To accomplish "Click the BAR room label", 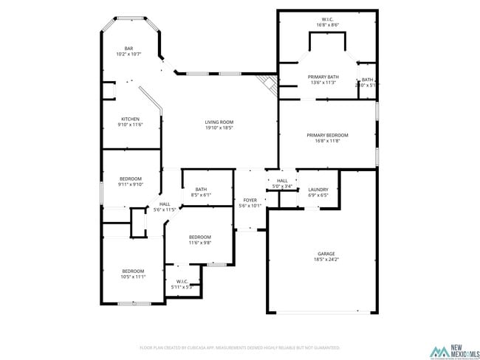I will pos(128,48).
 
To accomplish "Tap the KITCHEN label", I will pos(131,119).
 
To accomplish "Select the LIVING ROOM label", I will pos(219,122).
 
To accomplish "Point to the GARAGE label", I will pos(326,253).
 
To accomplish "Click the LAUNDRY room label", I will pos(318,190).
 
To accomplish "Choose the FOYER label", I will pos(250,200).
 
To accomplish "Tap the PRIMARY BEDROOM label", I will pos(327,135).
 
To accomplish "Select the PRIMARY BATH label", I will pos(323,77).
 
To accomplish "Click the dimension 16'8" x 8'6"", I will pos(327,25).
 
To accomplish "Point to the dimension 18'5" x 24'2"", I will pos(326,259).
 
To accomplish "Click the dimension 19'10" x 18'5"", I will pos(219,128).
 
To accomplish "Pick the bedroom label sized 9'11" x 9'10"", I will pos(131,184).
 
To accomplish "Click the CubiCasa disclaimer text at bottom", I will pos(239,347).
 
